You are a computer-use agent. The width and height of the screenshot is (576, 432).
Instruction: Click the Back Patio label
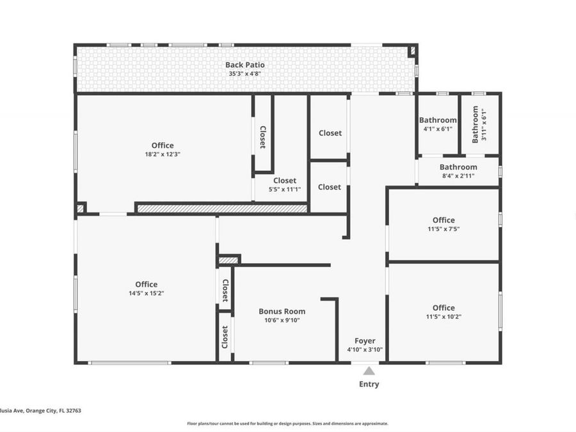click(x=244, y=65)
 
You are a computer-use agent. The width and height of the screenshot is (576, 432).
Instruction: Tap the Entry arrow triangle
click(x=369, y=370)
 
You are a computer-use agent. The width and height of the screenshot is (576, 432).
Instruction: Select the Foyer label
click(x=365, y=340)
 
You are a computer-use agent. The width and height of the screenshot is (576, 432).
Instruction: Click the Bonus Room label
click(x=282, y=312)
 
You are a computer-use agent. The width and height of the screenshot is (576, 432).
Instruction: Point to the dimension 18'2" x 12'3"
click(x=162, y=154)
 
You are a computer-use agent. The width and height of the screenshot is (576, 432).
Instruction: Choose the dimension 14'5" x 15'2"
click(x=146, y=293)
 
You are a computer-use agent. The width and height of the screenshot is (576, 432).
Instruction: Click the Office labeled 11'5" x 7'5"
click(x=444, y=220)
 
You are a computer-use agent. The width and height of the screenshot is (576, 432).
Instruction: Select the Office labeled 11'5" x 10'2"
click(x=444, y=308)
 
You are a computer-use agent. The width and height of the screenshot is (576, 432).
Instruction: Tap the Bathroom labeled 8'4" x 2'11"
click(x=458, y=167)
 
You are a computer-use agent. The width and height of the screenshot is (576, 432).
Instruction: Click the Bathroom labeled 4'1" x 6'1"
click(x=438, y=120)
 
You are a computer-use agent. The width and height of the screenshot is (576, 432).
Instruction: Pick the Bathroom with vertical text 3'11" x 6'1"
click(x=475, y=125)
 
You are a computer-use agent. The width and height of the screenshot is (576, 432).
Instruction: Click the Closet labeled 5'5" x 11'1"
click(x=285, y=180)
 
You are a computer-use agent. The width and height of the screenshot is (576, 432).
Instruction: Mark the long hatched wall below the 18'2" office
click(x=223, y=208)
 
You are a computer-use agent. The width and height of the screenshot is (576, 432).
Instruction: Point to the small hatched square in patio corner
click(x=412, y=50)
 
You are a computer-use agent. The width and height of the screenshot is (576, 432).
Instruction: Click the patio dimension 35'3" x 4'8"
click(x=244, y=74)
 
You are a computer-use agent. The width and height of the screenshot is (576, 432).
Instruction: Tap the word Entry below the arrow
click(x=369, y=385)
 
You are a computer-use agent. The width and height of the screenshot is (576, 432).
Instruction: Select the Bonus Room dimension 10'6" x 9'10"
click(x=282, y=320)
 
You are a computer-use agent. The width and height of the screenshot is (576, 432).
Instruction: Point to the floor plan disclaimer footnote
click(x=287, y=423)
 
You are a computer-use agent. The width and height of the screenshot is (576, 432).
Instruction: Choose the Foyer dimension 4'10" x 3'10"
click(x=365, y=349)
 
